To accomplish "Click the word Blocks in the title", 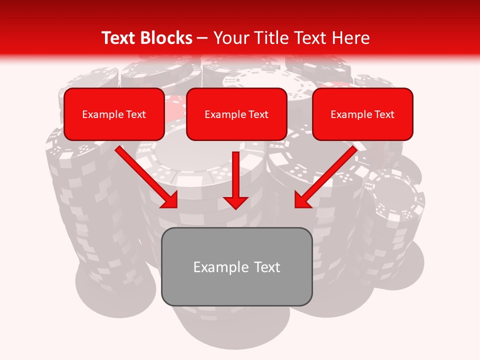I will coord(166,38).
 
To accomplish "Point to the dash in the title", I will coord(202,38).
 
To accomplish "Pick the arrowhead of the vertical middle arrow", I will coord(236,202).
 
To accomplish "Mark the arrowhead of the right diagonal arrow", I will coord(302,200).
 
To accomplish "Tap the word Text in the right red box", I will coord(384,114).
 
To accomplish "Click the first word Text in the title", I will coord(120,38).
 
